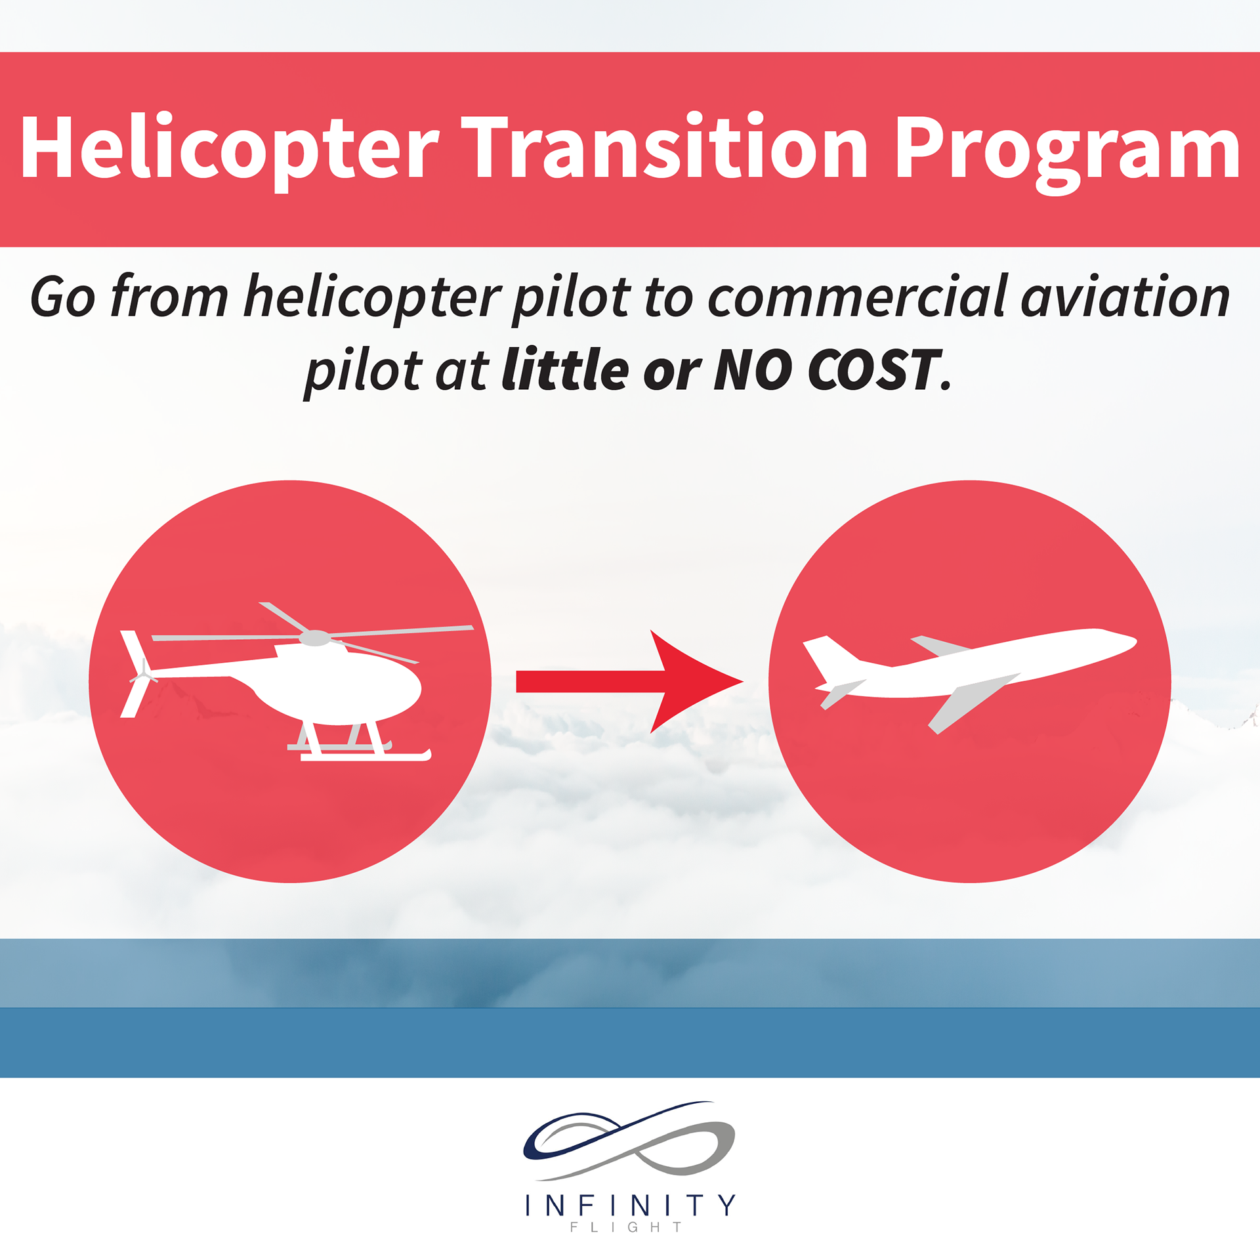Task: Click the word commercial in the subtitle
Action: (x=856, y=297)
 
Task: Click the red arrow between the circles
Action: (x=630, y=681)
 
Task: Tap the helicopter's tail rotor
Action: (x=139, y=674)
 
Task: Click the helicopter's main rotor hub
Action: (x=315, y=638)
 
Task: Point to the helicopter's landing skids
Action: (x=360, y=748)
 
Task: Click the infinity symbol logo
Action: (x=629, y=1141)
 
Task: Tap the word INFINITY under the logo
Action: (x=630, y=1206)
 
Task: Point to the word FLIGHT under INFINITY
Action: (x=626, y=1227)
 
